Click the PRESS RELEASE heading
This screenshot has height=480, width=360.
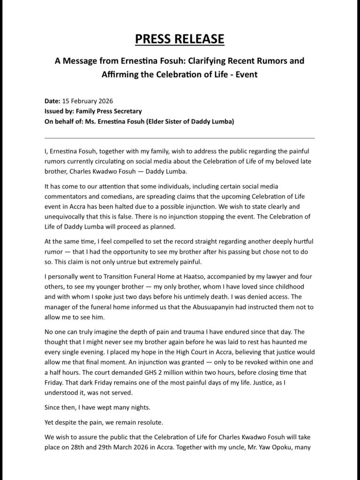pos(180,39)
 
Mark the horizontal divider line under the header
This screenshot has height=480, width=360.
pos(180,138)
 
